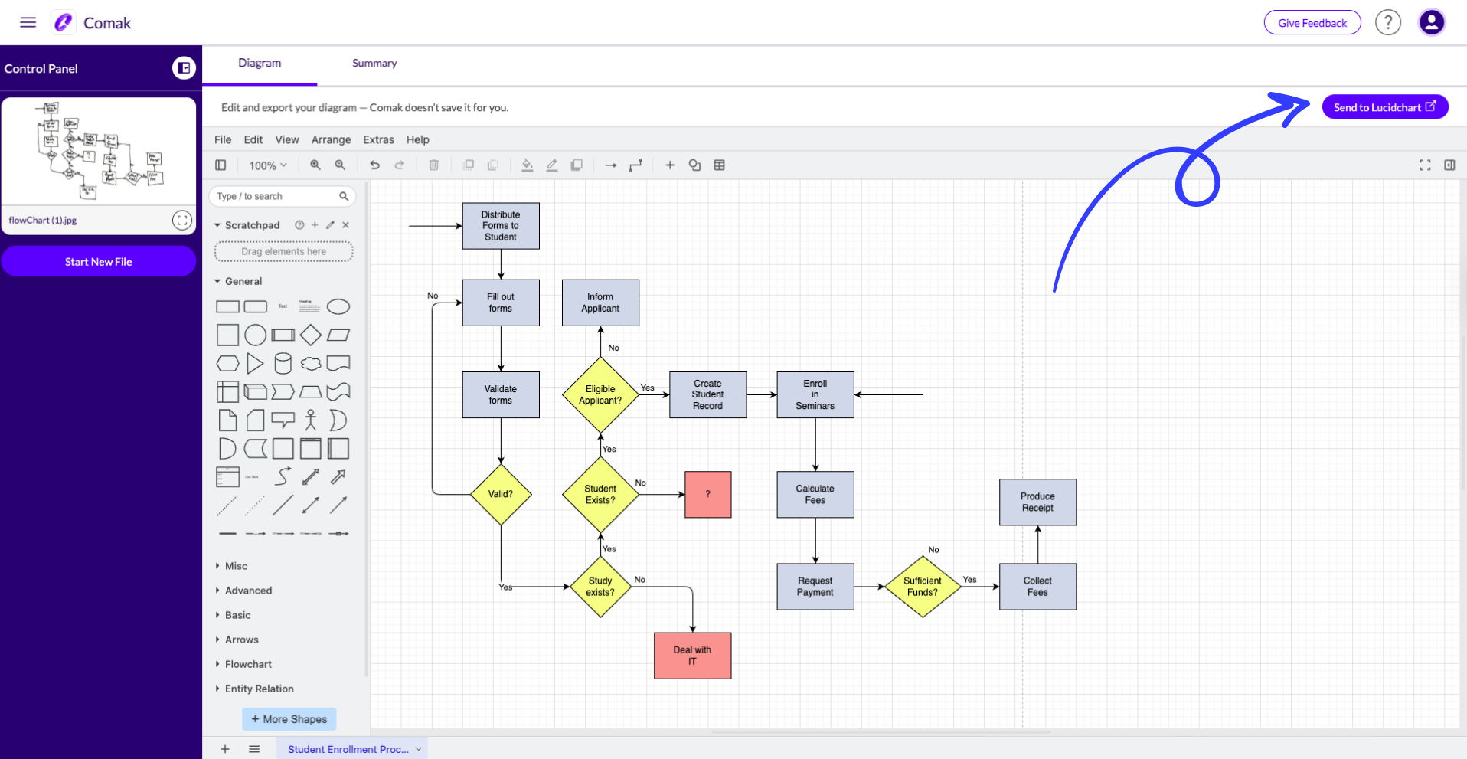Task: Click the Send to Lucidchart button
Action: pos(1384,107)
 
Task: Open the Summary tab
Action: pos(374,64)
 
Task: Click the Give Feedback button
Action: pos(1312,23)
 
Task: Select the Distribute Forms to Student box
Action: pos(501,226)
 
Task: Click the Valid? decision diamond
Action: pos(501,494)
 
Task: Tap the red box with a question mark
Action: pos(707,495)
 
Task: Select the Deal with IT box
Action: pos(692,656)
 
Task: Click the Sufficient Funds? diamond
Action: pos(922,587)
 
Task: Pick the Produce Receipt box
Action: pos(1037,502)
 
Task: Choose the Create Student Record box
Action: pos(707,394)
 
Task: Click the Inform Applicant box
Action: pos(600,303)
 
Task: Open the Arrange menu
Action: pos(331,139)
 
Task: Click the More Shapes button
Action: pos(289,719)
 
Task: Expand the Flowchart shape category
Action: pos(248,664)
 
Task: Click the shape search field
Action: pos(276,197)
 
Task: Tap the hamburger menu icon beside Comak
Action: pos(28,22)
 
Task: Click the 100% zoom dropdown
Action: pos(267,165)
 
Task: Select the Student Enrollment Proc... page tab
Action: pos(348,749)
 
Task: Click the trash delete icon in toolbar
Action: pos(433,165)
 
